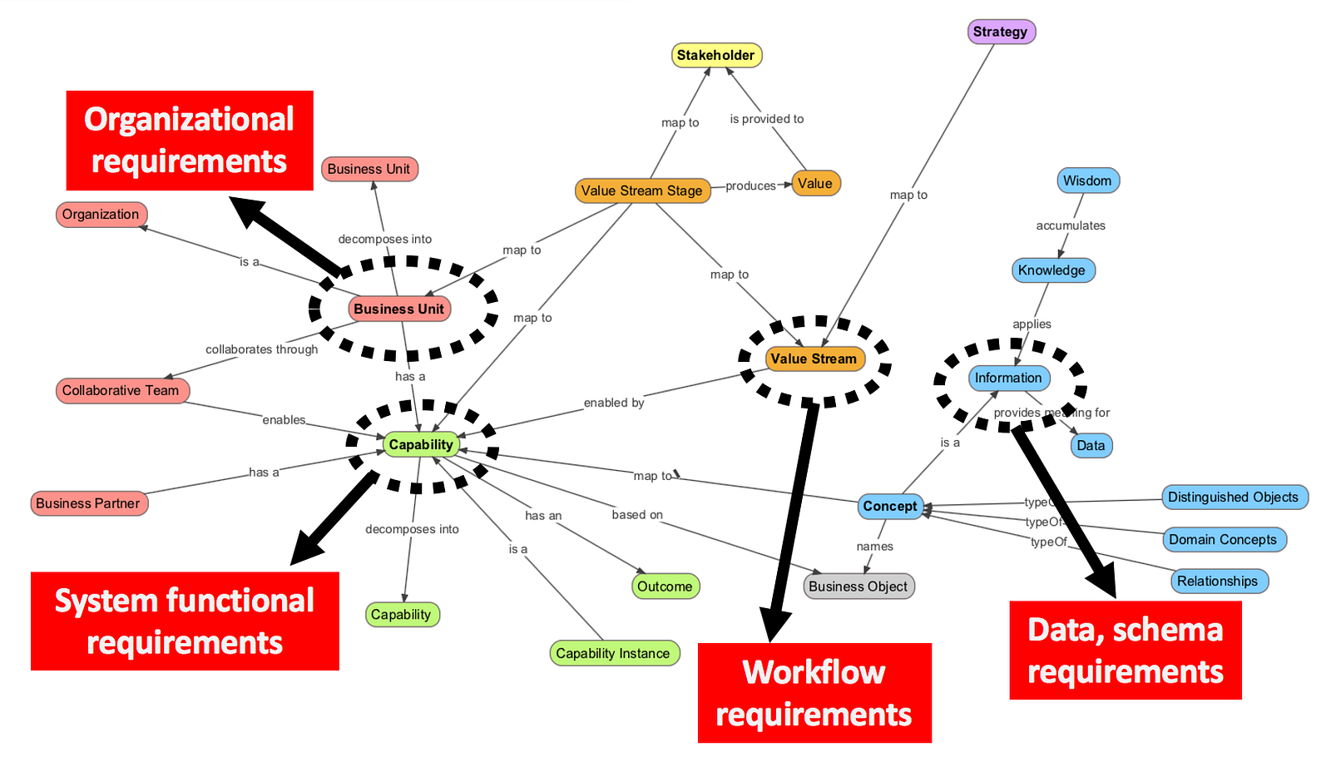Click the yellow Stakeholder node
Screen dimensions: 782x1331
716,55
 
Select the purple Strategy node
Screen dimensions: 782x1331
1001,32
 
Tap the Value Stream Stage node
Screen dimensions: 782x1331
642,191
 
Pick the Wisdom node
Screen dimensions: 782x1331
1087,181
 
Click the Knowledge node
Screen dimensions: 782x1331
1052,270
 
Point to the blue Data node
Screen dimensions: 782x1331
1091,445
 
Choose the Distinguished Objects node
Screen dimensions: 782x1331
1233,497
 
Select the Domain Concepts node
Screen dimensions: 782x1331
1223,539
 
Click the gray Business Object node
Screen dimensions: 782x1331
858,586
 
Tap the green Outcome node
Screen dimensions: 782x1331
665,586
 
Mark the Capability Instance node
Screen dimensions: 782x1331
613,653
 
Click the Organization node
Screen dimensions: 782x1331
101,215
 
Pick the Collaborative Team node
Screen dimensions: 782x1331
121,390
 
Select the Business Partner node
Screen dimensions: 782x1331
88,503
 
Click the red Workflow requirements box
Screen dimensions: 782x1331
814,693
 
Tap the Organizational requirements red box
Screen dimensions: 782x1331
190,141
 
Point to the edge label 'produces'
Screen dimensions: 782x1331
750,186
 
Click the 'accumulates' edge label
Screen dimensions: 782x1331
1071,225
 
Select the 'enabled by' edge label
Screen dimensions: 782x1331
614,403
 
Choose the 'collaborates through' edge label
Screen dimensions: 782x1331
262,349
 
